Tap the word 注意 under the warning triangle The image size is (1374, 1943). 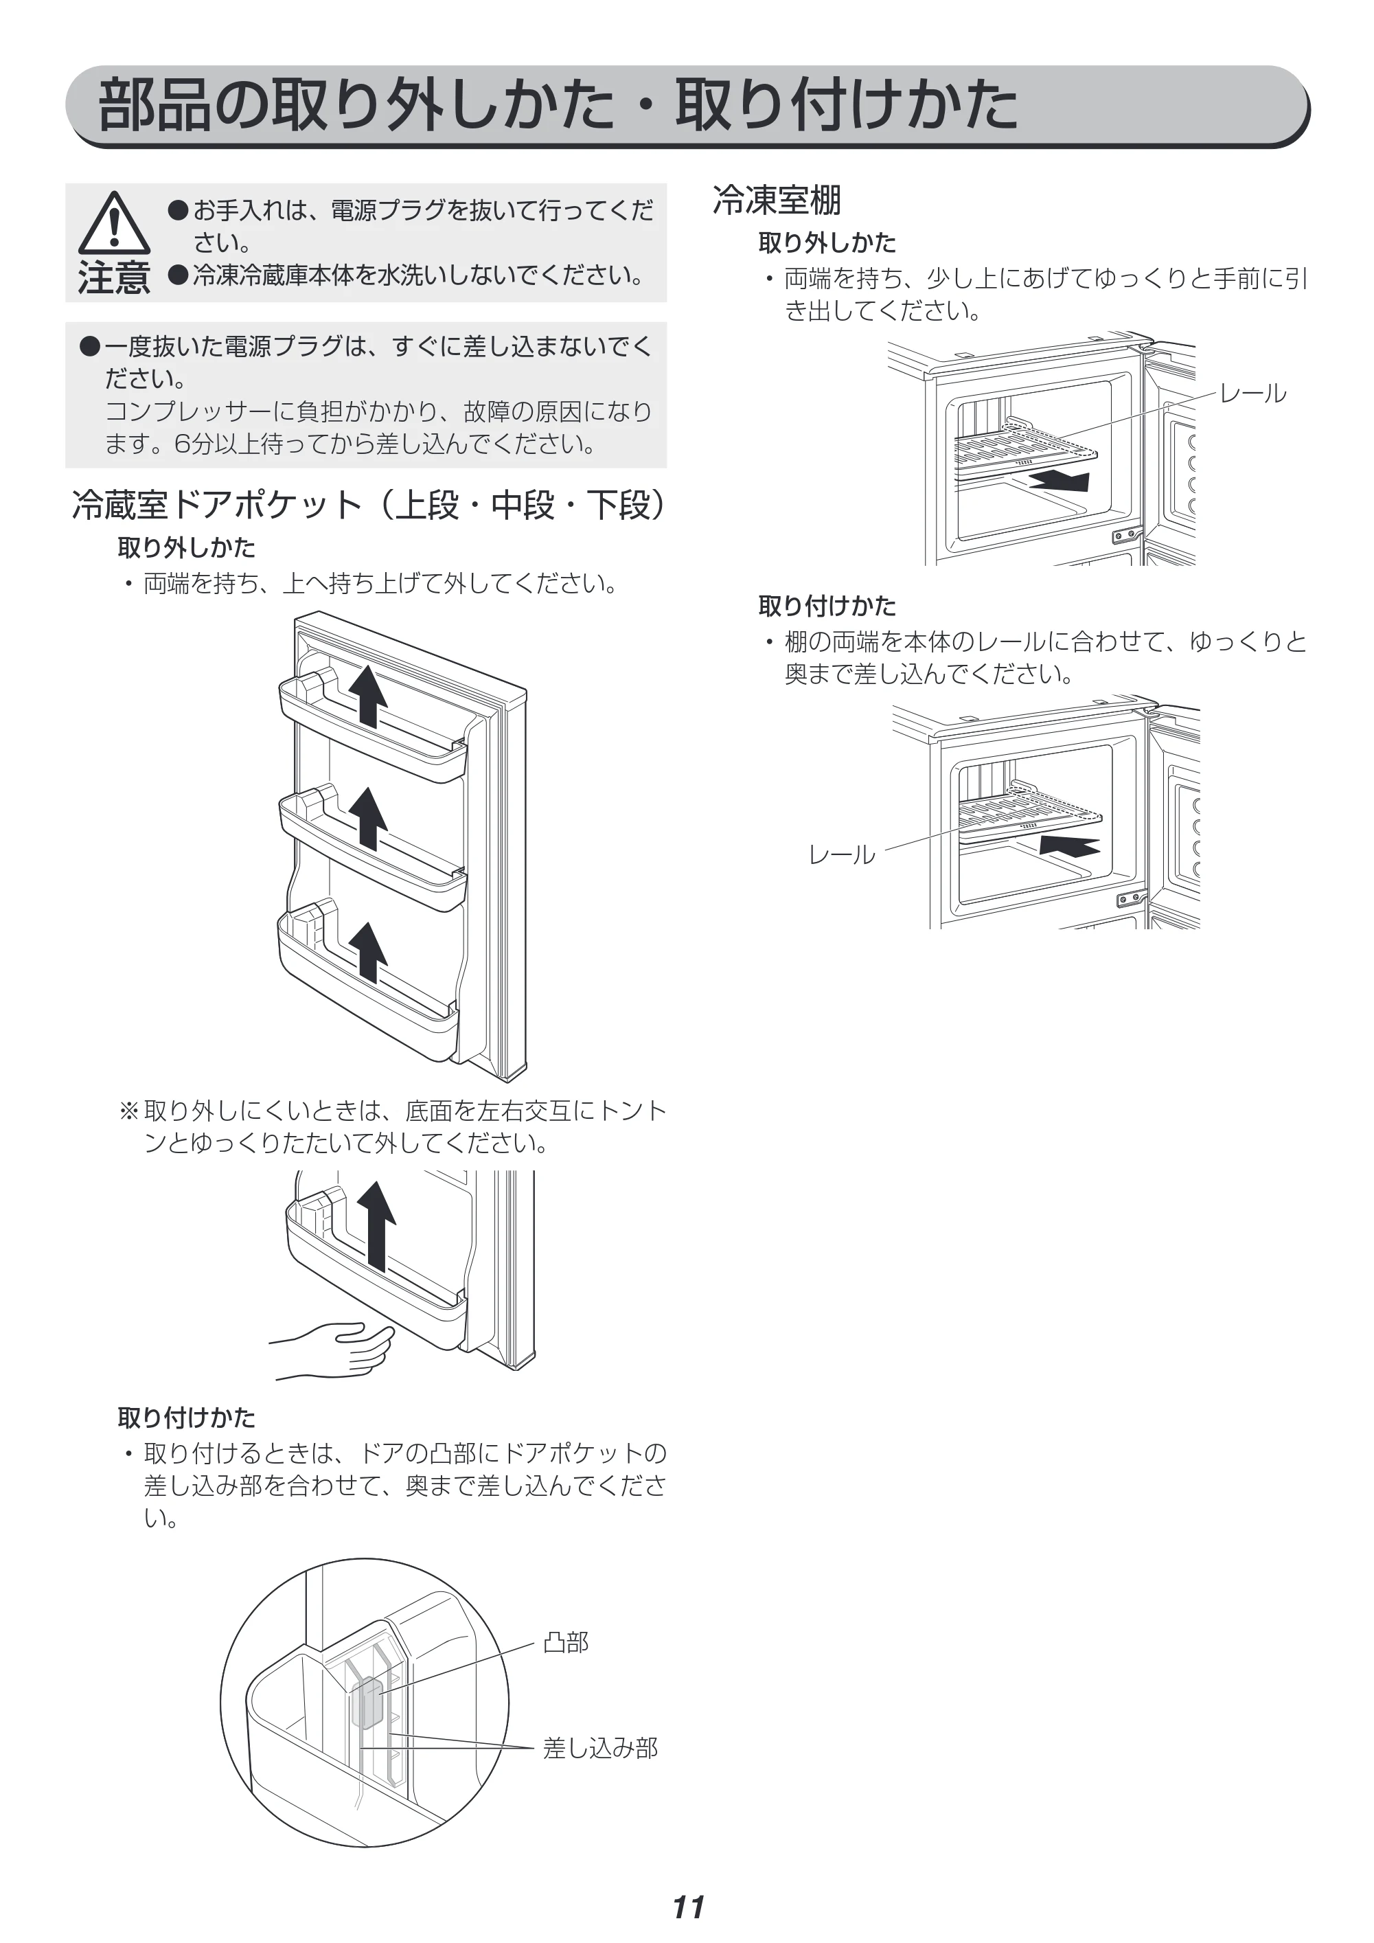tap(114, 277)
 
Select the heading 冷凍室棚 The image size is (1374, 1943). tap(777, 201)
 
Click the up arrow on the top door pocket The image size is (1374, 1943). tap(368, 696)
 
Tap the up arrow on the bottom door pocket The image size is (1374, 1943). tap(368, 952)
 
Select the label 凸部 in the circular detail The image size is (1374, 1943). tap(566, 1643)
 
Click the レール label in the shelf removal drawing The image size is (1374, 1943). tap(1253, 394)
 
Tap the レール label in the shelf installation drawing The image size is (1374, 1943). tap(842, 854)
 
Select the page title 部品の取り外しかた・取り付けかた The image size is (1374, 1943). tap(558, 106)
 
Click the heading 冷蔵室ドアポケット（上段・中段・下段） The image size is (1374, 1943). tap(369, 505)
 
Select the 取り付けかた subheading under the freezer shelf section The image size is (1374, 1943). tap(827, 606)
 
